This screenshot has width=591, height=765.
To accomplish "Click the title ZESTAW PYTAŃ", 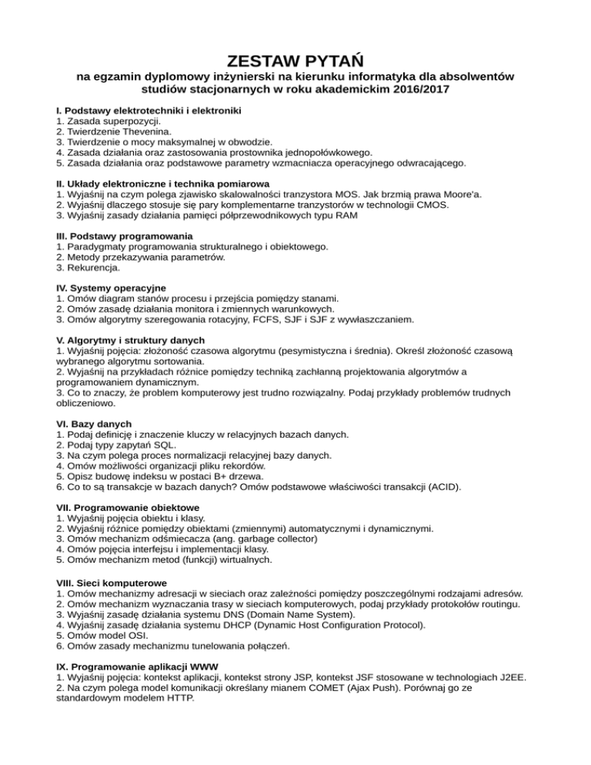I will coord(295,60).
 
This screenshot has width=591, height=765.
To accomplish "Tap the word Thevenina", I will coord(139,132).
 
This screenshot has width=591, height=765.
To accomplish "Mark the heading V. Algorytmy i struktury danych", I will coord(131,339).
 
